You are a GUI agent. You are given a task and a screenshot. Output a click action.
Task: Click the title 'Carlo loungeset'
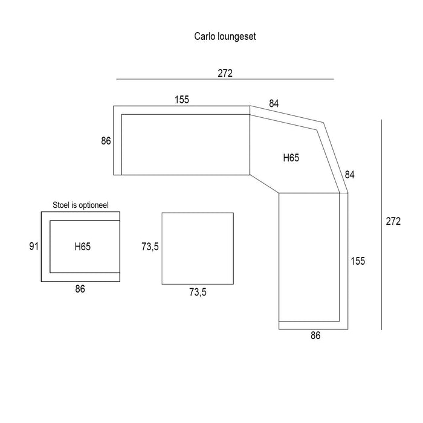pos(225,36)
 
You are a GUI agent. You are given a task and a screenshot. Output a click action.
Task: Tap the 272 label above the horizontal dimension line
pos(225,73)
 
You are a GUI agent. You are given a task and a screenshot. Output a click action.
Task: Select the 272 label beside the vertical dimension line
pos(393,221)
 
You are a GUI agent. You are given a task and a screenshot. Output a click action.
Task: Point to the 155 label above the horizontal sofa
pos(182,100)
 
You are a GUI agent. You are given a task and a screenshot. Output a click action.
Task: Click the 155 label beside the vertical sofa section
pos(358,261)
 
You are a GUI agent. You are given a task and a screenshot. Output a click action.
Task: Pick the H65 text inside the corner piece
pos(291,158)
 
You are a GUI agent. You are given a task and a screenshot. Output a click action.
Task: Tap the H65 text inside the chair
pos(83,247)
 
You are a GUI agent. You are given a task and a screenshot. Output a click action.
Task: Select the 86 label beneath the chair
pos(80,289)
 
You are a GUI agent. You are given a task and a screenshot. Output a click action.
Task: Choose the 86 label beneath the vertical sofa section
pos(315,336)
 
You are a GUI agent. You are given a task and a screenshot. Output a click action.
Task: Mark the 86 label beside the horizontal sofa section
pos(106,141)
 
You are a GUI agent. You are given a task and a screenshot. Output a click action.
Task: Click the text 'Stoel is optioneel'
pos(81,205)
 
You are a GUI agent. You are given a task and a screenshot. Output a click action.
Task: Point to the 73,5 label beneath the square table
pos(198,292)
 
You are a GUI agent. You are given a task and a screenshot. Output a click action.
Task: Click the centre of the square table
pos(198,248)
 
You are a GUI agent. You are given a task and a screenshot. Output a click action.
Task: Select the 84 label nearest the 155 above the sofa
pos(274,103)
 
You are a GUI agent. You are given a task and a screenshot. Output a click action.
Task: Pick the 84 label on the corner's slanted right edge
pos(349,175)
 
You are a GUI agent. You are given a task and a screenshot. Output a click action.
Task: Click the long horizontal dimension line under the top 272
pos(225,79)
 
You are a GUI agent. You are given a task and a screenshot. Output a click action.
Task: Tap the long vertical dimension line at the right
pos(382,224)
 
